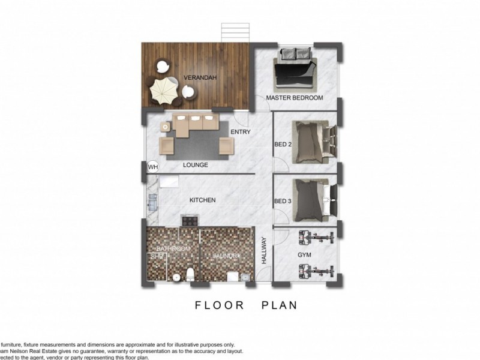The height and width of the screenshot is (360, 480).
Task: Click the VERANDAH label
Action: (200, 78)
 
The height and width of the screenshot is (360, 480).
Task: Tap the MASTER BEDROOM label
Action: (295, 98)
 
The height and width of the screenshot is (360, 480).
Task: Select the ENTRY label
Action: (240, 132)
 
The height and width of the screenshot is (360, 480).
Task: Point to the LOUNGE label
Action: (195, 164)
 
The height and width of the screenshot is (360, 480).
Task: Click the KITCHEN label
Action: (202, 200)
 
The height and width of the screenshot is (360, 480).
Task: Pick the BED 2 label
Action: (283, 144)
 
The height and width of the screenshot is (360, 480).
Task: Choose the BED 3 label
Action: (283, 202)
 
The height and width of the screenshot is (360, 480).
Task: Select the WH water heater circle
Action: (152, 167)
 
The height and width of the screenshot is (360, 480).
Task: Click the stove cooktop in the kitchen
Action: (190, 221)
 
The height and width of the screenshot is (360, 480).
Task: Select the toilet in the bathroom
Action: (190, 274)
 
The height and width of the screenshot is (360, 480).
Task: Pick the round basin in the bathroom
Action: (176, 277)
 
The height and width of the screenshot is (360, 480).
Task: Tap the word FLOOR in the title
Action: (220, 305)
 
